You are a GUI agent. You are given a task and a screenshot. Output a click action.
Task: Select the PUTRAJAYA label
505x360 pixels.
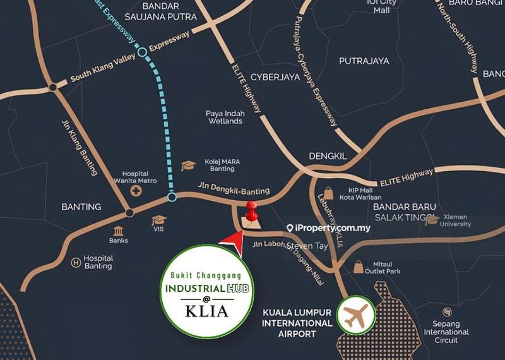[364, 61]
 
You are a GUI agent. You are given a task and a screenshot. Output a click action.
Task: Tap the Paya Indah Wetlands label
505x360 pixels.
[224, 117]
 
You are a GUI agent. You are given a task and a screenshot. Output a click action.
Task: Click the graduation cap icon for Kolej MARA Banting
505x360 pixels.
[188, 165]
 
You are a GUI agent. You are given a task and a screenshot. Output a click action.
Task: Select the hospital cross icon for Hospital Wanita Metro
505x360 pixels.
[136, 189]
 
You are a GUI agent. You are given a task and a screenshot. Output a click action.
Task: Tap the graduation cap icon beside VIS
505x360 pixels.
[158, 221]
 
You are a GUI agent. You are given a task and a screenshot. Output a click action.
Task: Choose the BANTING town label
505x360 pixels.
[81, 207]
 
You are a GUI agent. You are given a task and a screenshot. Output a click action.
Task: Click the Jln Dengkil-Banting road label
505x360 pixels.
[242, 191]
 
